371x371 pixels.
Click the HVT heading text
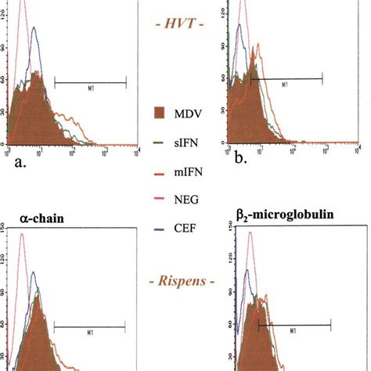tap(185, 25)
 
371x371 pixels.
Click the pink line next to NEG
tap(155, 200)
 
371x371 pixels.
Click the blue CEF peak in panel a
tap(33, 49)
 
